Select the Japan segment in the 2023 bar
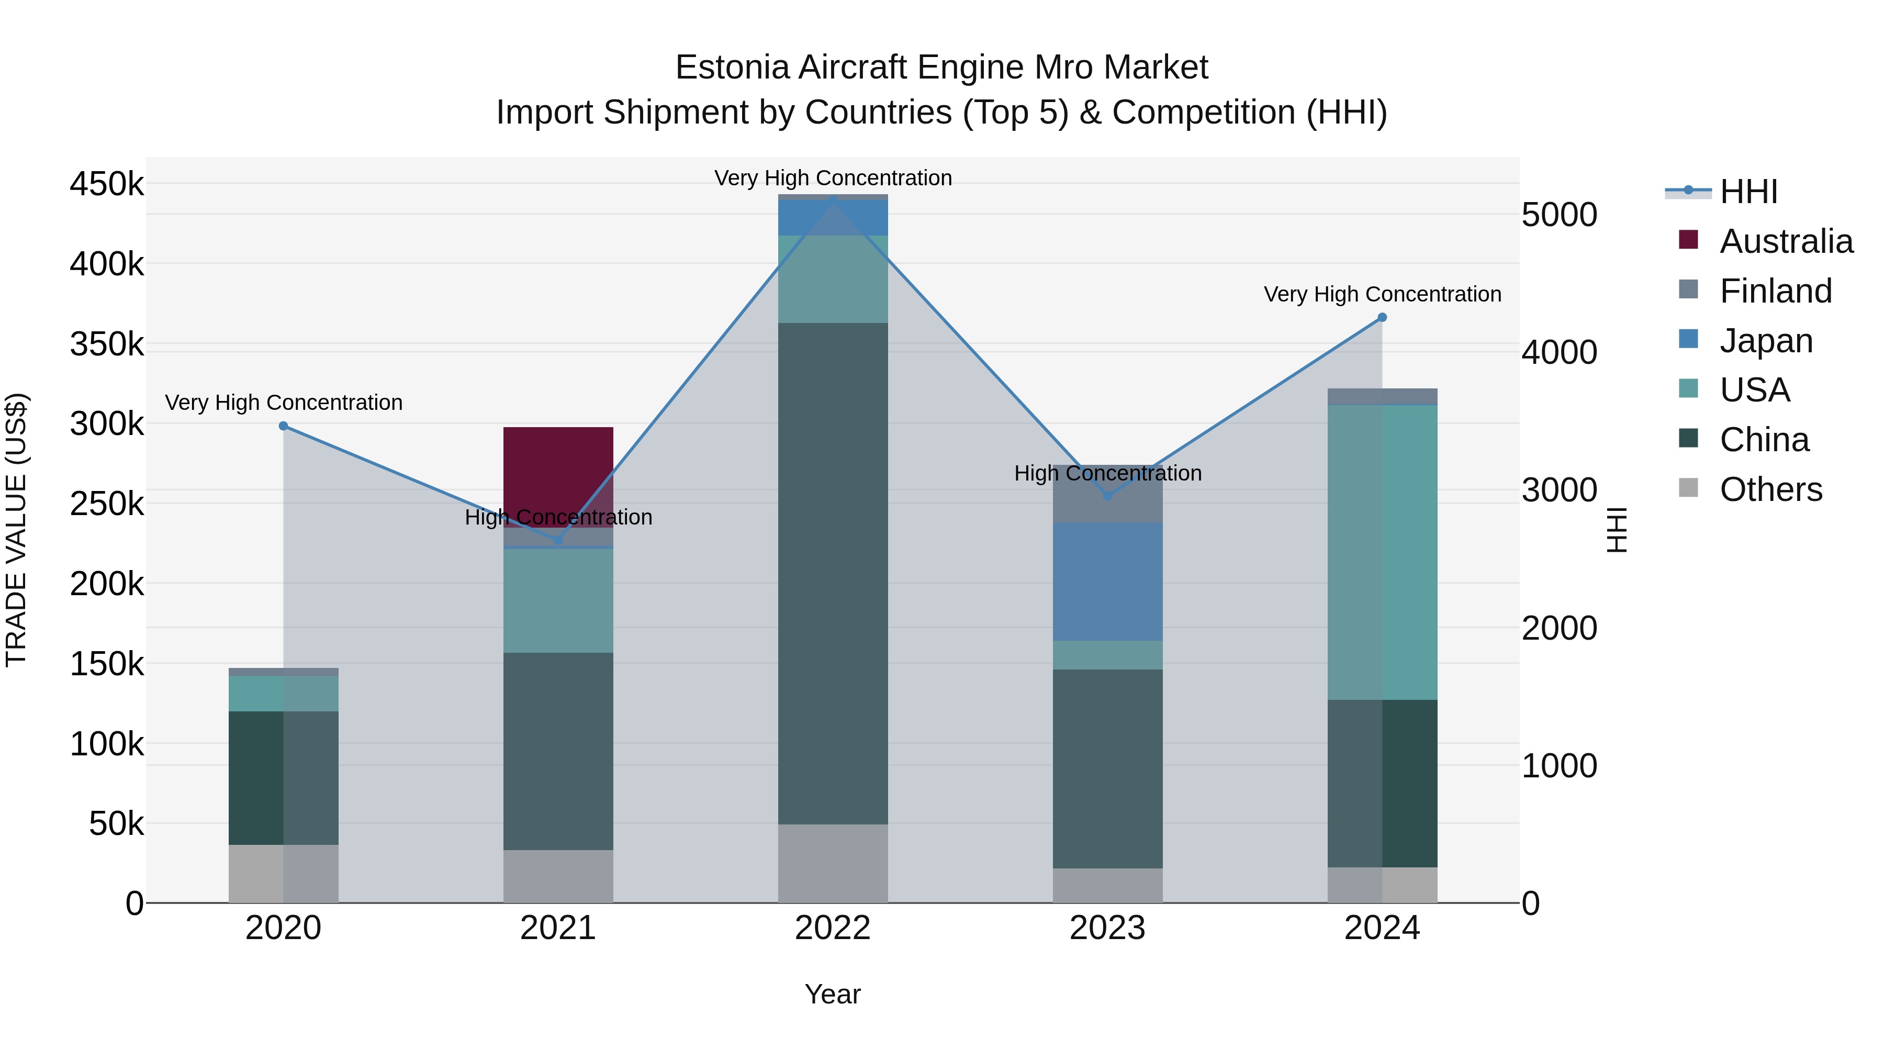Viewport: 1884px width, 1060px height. (1107, 582)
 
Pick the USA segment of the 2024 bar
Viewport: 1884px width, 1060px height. (1382, 552)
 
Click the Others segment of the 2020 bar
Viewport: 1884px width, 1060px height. (283, 874)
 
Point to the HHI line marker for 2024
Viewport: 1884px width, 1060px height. (1382, 318)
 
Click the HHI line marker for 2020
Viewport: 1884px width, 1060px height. (284, 426)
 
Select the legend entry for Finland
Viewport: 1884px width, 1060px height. (1775, 291)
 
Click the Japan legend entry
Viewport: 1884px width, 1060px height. (1766, 341)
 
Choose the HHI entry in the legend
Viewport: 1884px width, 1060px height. (1748, 192)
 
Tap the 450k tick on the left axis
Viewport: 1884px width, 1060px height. (107, 184)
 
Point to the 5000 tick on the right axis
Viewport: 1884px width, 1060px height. (1558, 215)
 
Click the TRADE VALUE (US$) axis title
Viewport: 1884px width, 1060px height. (16, 530)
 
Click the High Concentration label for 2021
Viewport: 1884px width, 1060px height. (558, 517)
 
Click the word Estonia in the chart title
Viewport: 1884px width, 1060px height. (732, 68)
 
